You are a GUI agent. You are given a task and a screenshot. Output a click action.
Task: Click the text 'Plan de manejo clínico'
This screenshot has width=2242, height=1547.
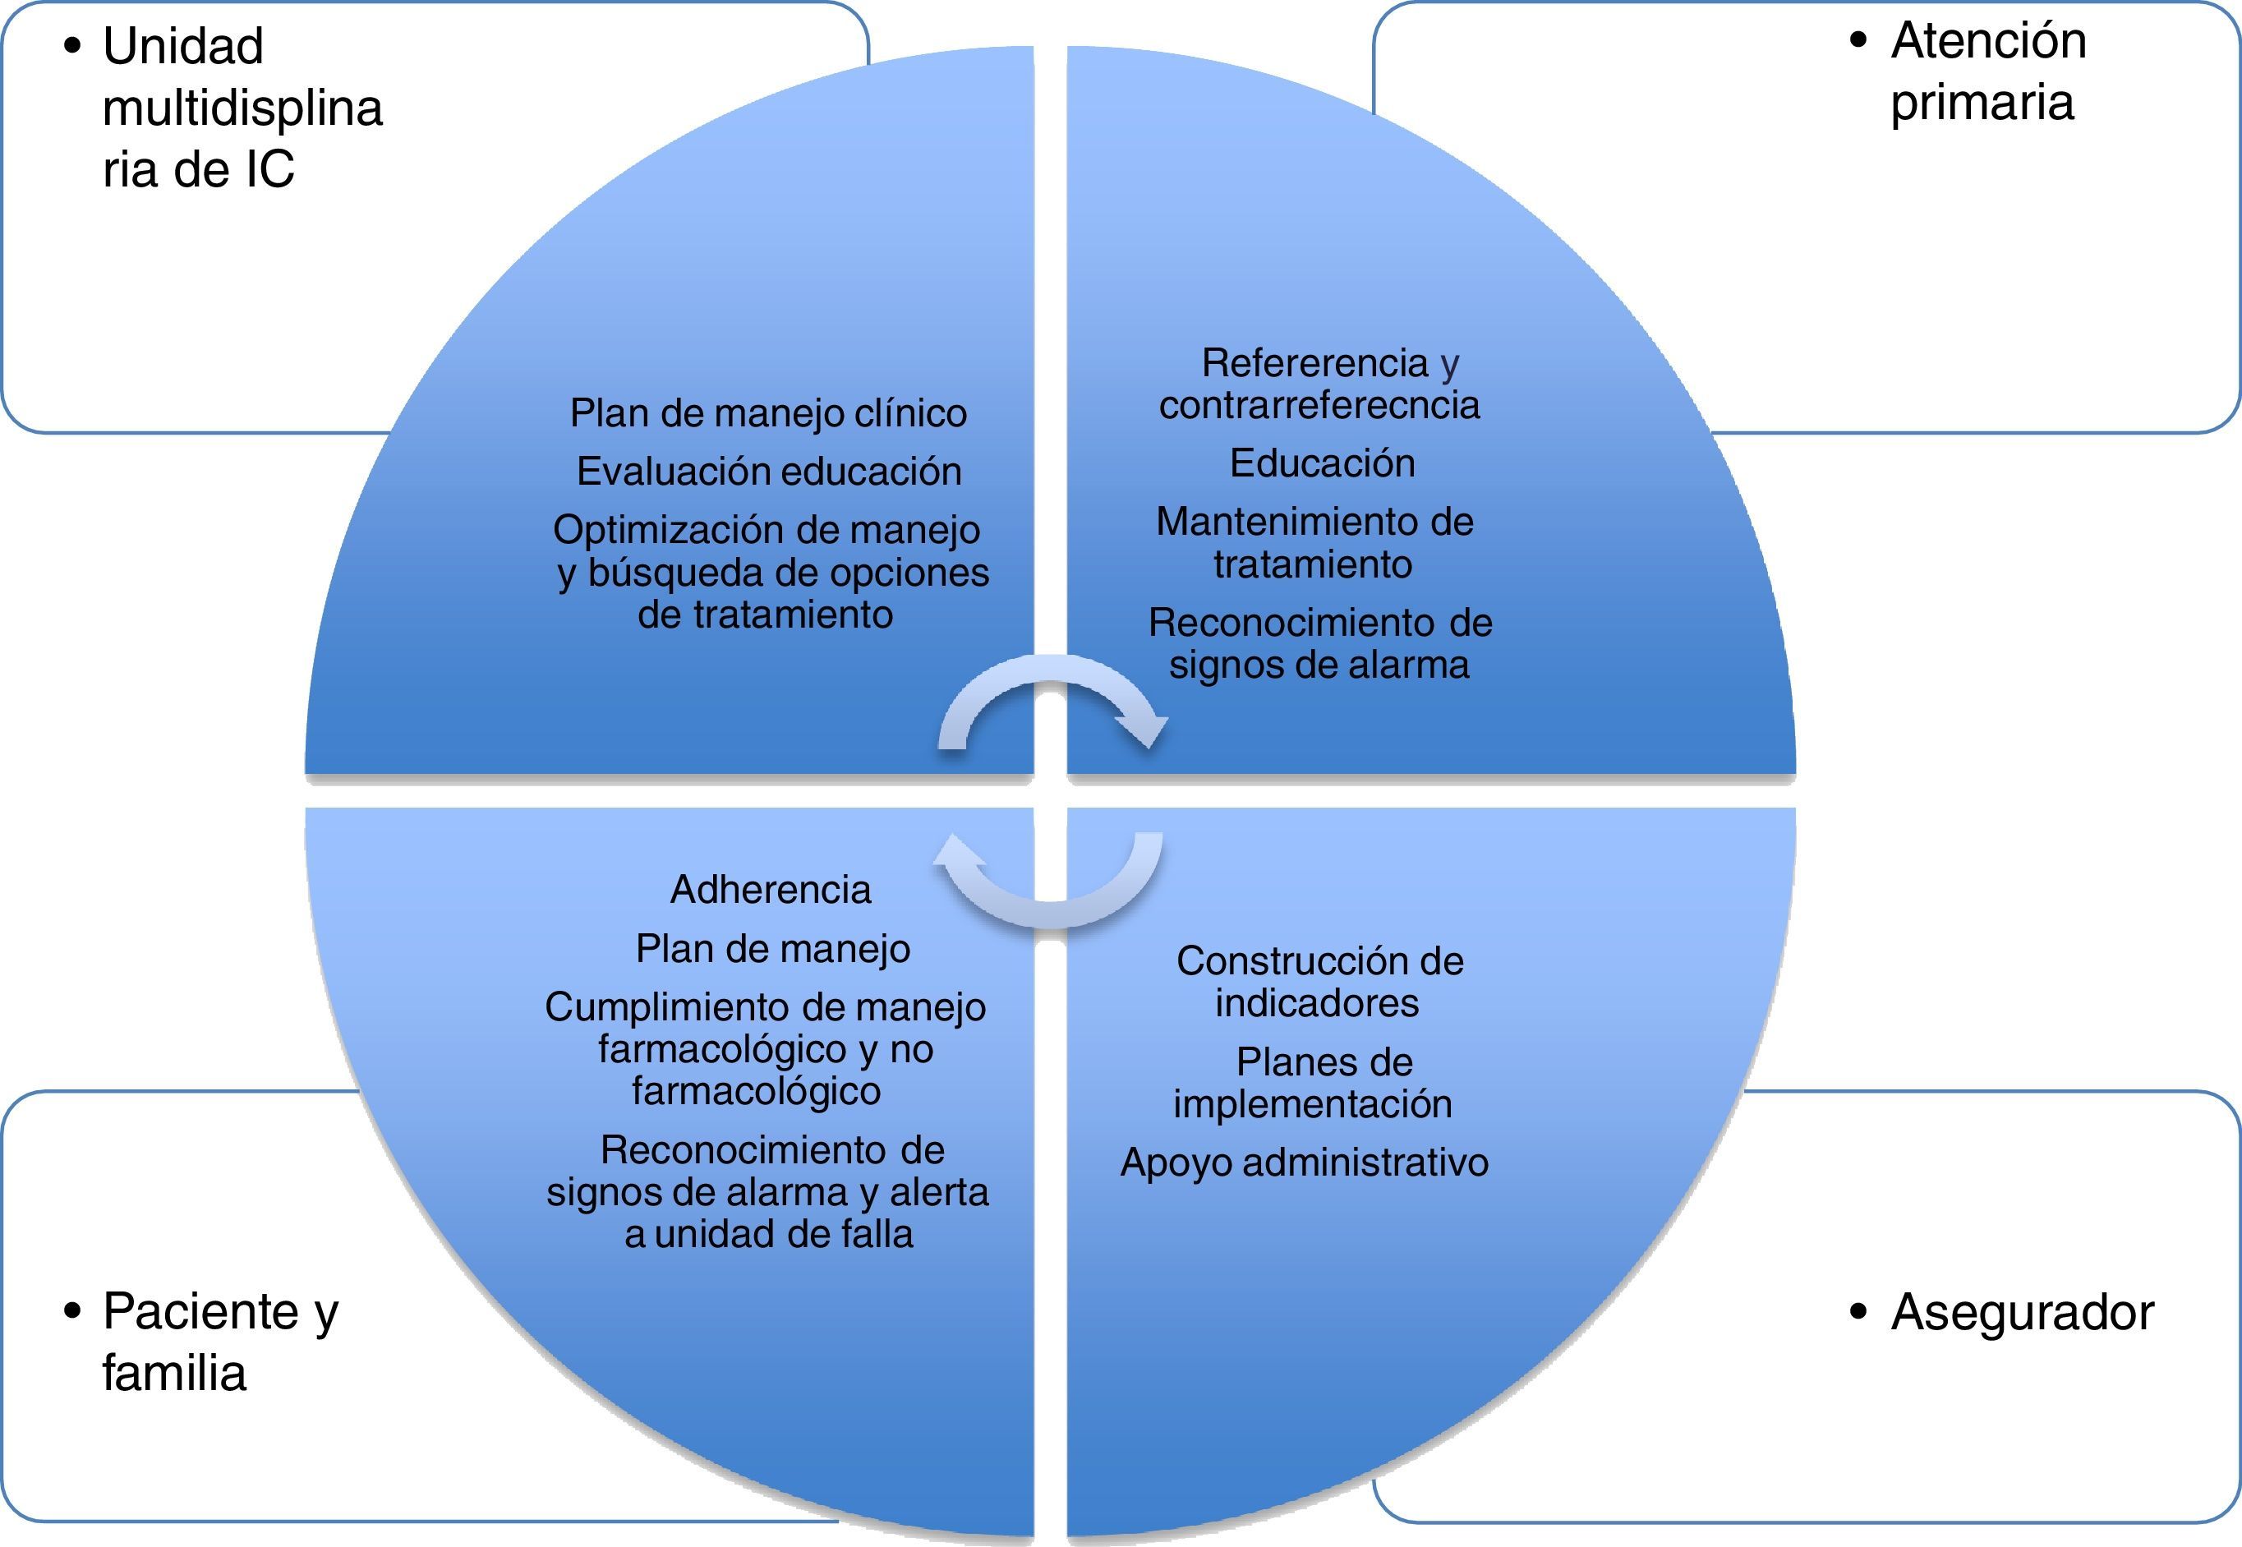(767, 414)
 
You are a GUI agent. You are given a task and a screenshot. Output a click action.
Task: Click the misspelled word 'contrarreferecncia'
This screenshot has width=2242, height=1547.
(1319, 405)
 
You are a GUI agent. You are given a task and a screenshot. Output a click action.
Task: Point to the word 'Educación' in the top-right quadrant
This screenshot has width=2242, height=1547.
(1322, 463)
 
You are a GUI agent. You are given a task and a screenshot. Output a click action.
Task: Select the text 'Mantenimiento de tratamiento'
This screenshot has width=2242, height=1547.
(1314, 543)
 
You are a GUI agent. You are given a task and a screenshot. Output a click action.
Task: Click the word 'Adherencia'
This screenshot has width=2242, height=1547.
(771, 890)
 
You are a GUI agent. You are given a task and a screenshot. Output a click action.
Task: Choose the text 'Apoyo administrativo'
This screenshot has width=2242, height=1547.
(1304, 1163)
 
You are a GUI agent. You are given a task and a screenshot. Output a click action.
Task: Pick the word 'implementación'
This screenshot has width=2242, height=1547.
(1313, 1104)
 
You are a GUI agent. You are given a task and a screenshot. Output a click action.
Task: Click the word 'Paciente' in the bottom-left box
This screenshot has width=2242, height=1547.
(200, 1312)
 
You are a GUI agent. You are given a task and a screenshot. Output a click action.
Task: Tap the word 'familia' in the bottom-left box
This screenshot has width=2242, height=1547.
(174, 1374)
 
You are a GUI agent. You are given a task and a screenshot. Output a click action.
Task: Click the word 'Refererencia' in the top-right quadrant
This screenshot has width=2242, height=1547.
(1314, 363)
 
